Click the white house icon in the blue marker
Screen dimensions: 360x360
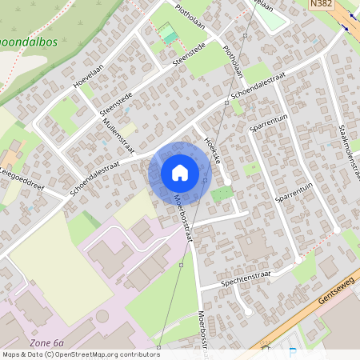(x=180, y=173)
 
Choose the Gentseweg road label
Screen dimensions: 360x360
(x=335, y=286)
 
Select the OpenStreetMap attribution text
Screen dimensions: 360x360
(x=80, y=354)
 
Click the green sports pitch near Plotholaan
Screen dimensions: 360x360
(x=167, y=34)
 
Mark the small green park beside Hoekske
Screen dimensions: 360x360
(x=222, y=193)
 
